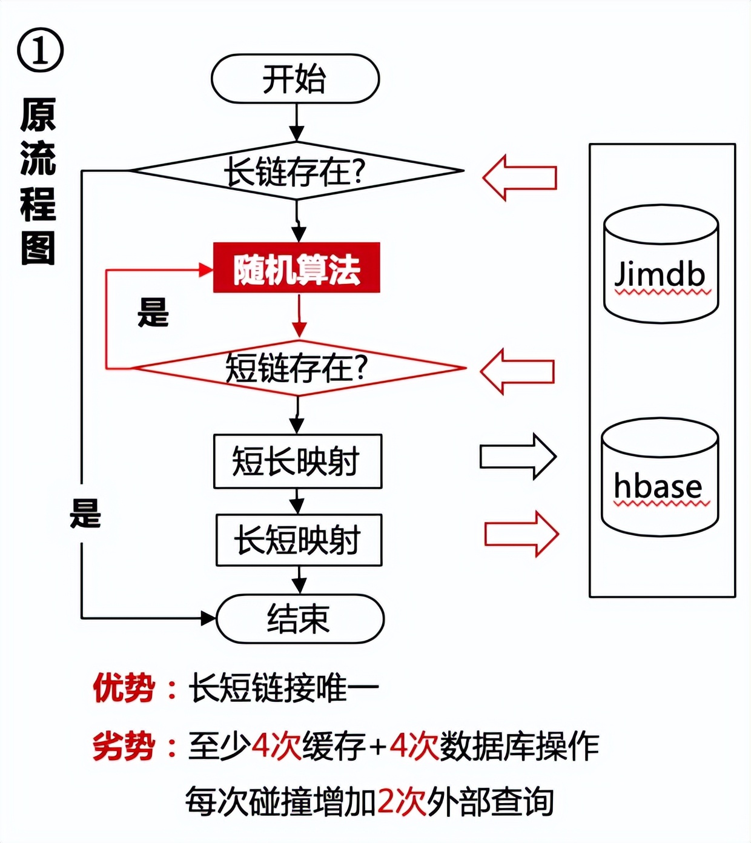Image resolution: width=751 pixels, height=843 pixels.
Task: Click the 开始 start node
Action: pos(295,79)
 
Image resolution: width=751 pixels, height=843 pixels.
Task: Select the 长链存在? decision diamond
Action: pos(296,172)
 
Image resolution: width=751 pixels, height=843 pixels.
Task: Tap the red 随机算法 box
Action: pos(297,268)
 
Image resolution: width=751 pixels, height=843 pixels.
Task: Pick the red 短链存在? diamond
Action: pos(297,368)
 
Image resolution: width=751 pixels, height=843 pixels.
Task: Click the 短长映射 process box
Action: pos(297,461)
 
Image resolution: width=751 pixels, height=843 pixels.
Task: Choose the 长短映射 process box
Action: pos(299,540)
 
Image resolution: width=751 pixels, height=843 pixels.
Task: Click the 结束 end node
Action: pos(300,619)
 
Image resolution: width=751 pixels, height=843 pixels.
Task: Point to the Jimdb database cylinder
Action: pos(661,265)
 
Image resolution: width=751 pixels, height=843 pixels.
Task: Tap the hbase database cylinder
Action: pos(660,477)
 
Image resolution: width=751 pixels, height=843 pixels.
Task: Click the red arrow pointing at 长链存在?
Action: pos(520,177)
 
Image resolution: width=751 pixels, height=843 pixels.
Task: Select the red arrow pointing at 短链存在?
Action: pos(517,371)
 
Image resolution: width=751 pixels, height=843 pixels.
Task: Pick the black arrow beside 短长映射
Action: pos(518,457)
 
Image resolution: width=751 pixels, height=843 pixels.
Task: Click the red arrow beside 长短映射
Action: pos(521,534)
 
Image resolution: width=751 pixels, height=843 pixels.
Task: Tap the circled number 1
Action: pos(40,51)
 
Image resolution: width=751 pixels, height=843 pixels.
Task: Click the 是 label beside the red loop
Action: pos(153,312)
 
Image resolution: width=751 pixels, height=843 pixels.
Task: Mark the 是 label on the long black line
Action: pos(85,514)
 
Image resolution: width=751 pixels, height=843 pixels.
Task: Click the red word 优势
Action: pos(124,688)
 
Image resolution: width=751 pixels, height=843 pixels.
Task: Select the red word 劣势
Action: pos(124,746)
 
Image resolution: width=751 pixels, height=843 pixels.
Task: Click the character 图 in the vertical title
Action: pos(38,248)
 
